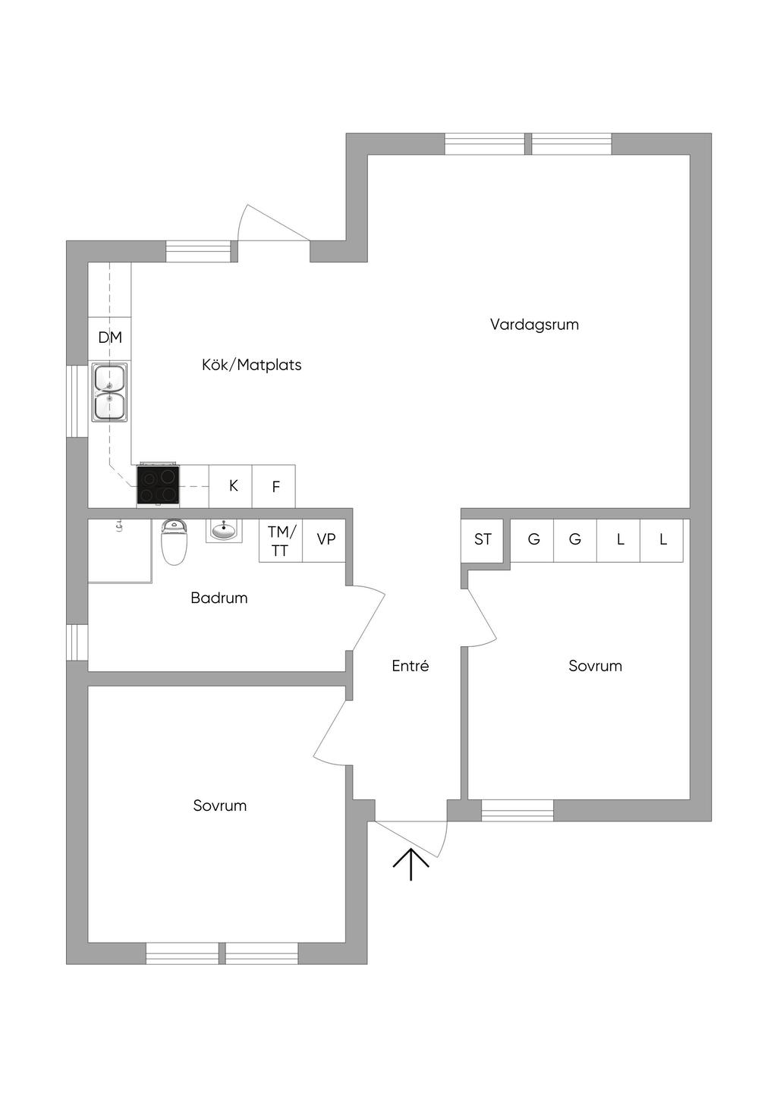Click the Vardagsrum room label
(x=534, y=325)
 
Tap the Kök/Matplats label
(x=251, y=365)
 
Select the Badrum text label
(x=219, y=598)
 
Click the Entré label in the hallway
(x=410, y=666)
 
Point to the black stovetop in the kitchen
(x=159, y=485)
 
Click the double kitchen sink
(x=110, y=392)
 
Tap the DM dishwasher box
(x=110, y=338)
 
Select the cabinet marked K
(x=233, y=486)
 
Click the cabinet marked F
(x=275, y=487)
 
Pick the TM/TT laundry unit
(x=281, y=541)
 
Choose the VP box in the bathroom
(x=326, y=540)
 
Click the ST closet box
(x=483, y=540)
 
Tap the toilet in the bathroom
(x=174, y=542)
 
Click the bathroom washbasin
(x=224, y=531)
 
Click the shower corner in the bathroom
(x=119, y=551)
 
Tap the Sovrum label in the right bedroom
(x=595, y=666)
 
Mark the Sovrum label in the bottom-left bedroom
(x=219, y=805)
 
